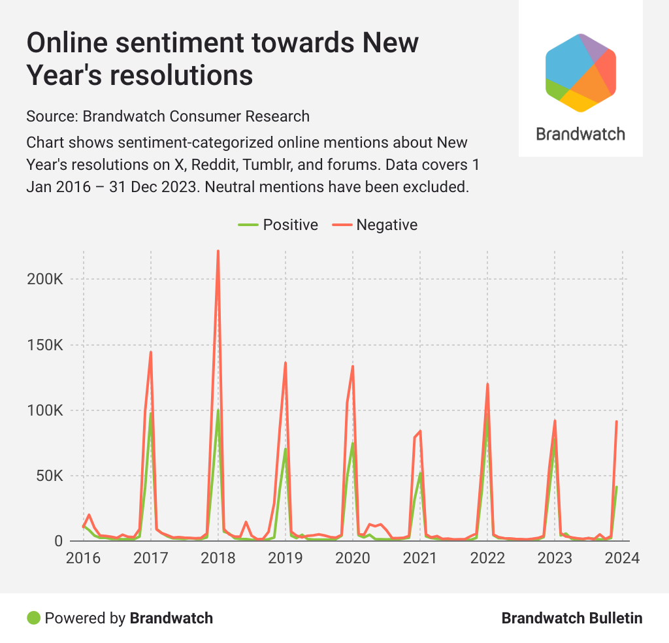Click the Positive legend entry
tap(278, 225)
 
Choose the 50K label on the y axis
tap(48, 476)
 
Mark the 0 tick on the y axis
tap(58, 541)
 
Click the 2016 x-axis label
tap(84, 559)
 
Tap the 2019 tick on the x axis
tap(286, 559)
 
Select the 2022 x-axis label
tap(487, 559)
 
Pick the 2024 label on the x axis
tap(622, 559)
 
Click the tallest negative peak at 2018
tap(218, 251)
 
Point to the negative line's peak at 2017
tap(151, 352)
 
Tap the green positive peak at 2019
tap(286, 449)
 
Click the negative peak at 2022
tap(487, 384)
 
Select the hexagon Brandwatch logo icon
tap(581, 72)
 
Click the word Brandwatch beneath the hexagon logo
tap(581, 134)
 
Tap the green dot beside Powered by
tap(33, 618)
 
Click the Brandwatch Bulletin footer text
tap(572, 618)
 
